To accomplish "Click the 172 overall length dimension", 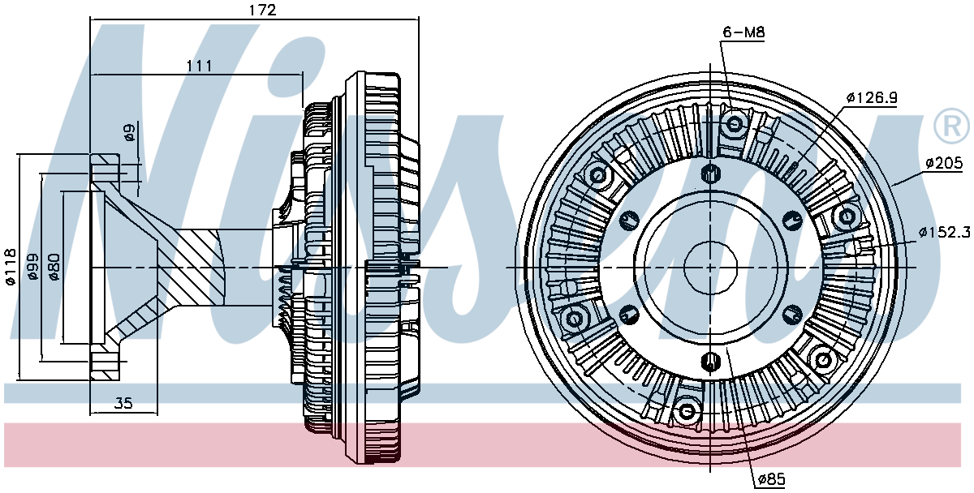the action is click(262, 10).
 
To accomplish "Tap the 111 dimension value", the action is click(199, 66).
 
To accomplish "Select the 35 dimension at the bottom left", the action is click(123, 403).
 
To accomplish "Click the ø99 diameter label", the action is click(32, 267).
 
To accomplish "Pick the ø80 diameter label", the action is click(54, 267).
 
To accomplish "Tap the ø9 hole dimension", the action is click(129, 132).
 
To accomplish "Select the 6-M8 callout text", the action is click(743, 32).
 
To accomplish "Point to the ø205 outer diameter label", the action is click(944, 164).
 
